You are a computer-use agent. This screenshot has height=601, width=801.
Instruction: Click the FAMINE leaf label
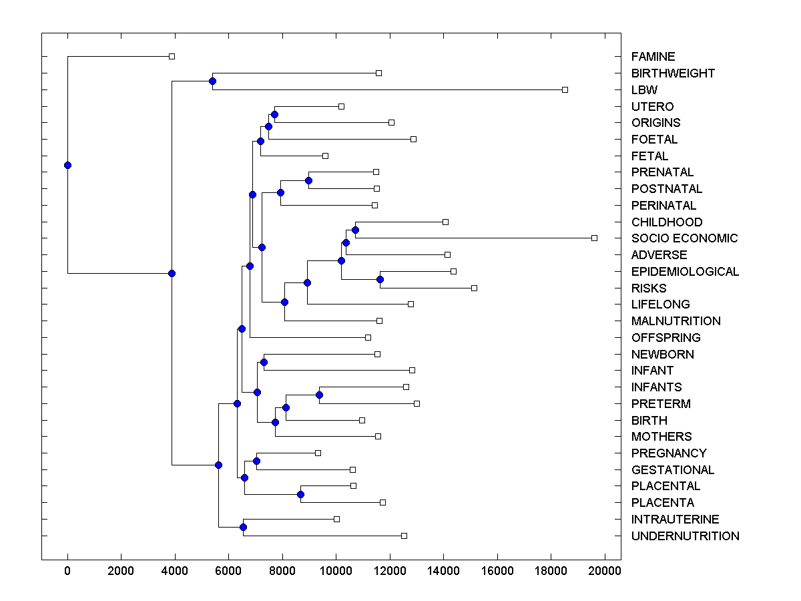(653, 57)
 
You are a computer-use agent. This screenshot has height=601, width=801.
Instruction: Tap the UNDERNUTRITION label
(685, 536)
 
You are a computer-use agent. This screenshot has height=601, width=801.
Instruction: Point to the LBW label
(644, 90)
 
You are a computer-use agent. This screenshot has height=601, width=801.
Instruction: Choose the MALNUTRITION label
(676, 321)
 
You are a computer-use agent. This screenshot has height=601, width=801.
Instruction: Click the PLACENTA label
(662, 503)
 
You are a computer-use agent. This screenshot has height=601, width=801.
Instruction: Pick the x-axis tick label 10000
(336, 570)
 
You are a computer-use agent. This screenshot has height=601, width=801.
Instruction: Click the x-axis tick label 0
(67, 570)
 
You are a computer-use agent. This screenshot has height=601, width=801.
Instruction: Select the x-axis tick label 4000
(175, 570)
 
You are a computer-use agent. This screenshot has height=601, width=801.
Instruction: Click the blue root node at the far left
(67, 165)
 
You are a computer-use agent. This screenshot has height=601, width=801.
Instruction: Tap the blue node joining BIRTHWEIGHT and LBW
(212, 81)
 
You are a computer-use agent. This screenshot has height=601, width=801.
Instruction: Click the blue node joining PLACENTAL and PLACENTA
(300, 494)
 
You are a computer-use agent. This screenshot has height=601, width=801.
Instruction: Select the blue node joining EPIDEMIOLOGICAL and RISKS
(380, 280)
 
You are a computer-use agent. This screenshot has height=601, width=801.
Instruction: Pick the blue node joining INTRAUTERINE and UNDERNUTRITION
(243, 528)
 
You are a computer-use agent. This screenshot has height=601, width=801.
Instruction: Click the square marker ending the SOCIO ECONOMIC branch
(594, 238)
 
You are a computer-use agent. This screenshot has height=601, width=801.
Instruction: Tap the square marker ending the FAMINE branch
(172, 56)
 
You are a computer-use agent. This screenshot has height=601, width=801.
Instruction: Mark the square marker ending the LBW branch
(565, 89)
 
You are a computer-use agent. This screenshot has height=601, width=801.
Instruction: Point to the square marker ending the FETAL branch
(325, 156)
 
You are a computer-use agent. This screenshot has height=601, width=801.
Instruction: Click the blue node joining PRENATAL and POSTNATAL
(308, 180)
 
